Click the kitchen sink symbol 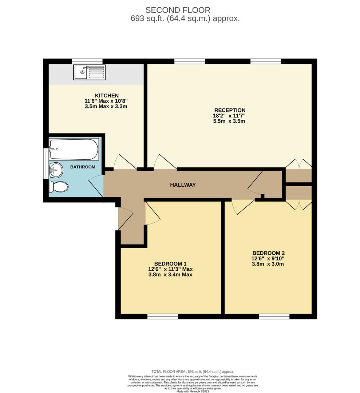89,72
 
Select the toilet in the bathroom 58,187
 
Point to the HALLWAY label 183,185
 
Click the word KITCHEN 96,95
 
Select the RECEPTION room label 230,110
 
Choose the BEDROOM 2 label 268,253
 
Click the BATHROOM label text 83,167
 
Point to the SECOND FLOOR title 178,10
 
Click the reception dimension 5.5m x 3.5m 229,121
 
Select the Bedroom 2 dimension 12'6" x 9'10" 268,258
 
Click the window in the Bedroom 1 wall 163,317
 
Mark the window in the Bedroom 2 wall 274,317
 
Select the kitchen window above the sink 87,61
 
